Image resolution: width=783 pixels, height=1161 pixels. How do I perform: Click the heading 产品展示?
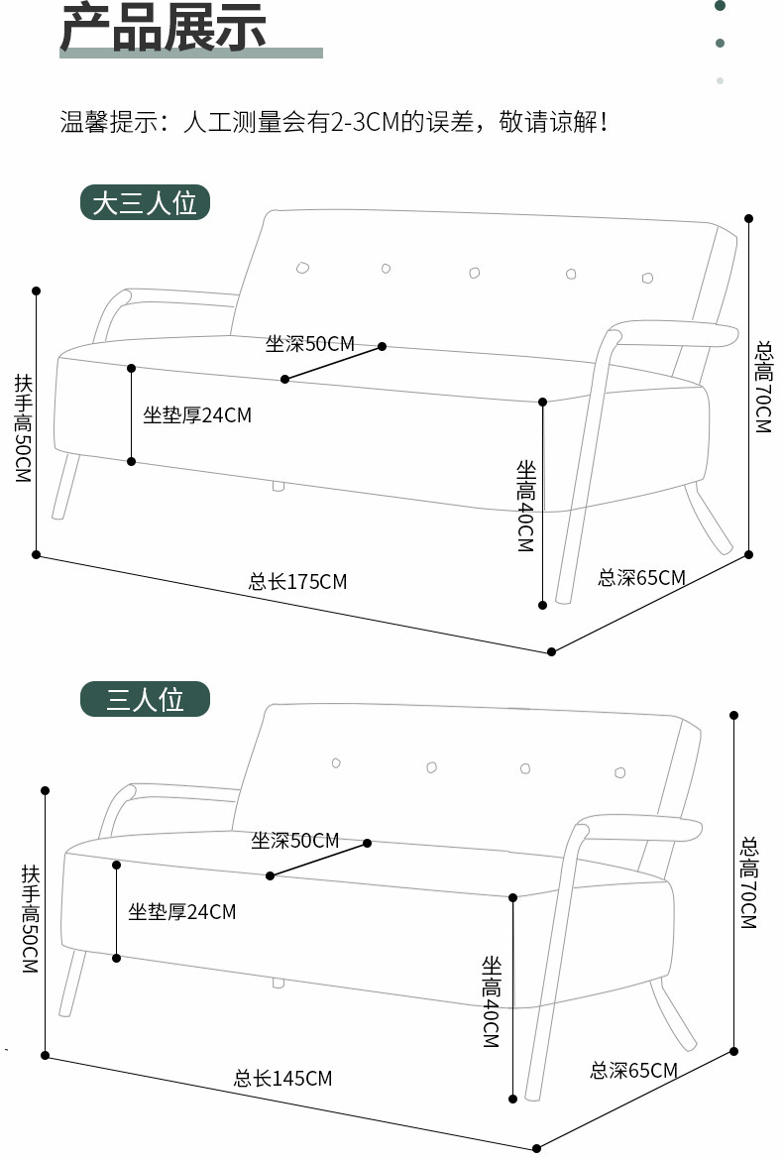point(164,27)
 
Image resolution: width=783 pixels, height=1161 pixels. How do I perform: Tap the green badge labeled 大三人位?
point(145,203)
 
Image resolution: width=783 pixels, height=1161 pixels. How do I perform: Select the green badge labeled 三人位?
point(145,699)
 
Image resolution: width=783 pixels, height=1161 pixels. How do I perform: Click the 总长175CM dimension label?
point(297,582)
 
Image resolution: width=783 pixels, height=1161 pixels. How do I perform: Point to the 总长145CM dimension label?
point(282,1078)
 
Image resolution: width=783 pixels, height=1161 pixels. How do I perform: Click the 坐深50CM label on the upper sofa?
point(309,344)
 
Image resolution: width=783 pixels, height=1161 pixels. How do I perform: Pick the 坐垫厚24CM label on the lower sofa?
point(181,911)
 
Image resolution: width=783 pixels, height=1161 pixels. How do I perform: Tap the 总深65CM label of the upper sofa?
point(641,577)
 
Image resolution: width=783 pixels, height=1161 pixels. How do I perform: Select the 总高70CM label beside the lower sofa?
point(748,883)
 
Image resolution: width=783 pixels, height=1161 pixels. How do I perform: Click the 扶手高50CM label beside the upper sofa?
point(23,427)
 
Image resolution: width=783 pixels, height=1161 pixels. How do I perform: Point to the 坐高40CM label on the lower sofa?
point(492,1001)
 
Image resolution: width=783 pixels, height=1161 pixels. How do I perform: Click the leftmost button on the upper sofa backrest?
point(302,267)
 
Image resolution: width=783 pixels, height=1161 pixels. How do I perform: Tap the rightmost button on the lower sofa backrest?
point(619,772)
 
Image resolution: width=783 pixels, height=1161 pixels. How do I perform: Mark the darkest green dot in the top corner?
point(721,6)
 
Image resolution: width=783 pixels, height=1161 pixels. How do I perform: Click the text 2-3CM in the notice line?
point(363,123)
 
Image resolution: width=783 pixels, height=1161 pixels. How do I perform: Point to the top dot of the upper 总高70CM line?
point(748,218)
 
